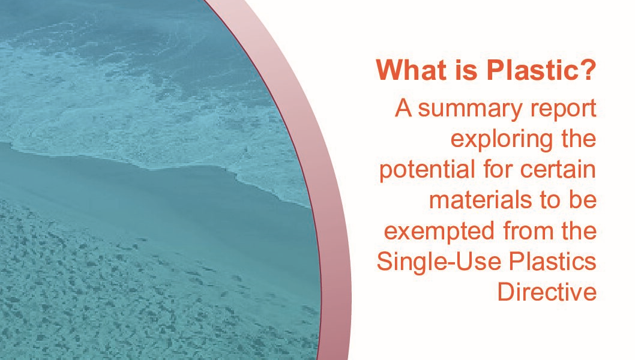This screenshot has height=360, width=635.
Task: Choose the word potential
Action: pyautogui.click(x=427, y=170)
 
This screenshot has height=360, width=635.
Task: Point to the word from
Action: pyautogui.click(x=528, y=231)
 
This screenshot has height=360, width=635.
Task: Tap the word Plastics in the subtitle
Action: pyautogui.click(x=552, y=261)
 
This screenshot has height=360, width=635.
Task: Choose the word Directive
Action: pyautogui.click(x=547, y=292)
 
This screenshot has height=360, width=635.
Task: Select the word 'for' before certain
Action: pyautogui.click(x=498, y=170)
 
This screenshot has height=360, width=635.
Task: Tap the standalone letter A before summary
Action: pyautogui.click(x=403, y=109)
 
